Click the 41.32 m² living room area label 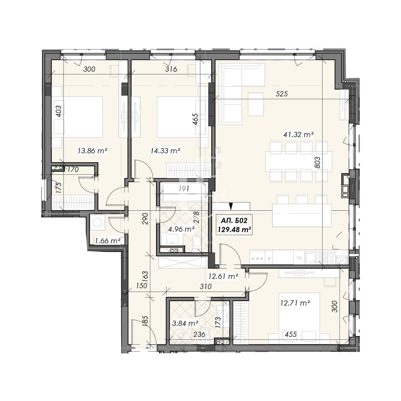pyautogui.click(x=298, y=135)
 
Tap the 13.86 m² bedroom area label pyautogui.click(x=92, y=151)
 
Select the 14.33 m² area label pyautogui.click(x=165, y=151)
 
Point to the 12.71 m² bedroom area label pyautogui.click(x=295, y=303)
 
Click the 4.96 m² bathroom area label pyautogui.click(x=181, y=229)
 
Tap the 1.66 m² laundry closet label pyautogui.click(x=108, y=241)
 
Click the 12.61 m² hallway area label pyautogui.click(x=223, y=276)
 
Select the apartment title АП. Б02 pyautogui.click(x=234, y=220)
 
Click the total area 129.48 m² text pyautogui.click(x=234, y=230)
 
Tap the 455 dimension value pyautogui.click(x=290, y=335)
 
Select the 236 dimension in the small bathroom pyautogui.click(x=199, y=335)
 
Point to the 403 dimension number pyautogui.click(x=59, y=112)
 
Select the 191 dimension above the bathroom pyautogui.click(x=184, y=189)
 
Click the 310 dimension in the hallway pyautogui.click(x=206, y=286)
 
